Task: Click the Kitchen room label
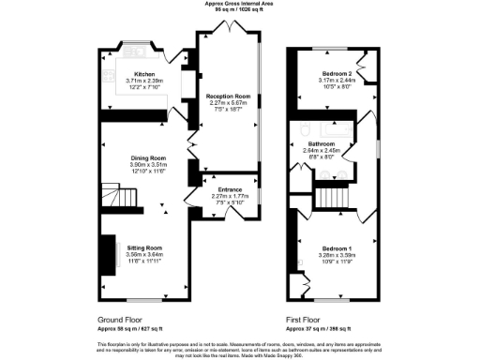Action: click(144, 74)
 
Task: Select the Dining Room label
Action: click(147, 157)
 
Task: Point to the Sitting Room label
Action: click(144, 247)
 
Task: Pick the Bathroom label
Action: click(335, 143)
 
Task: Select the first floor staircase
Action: click(329, 197)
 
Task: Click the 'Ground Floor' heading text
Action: click(121, 318)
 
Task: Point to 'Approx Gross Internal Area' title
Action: click(240, 4)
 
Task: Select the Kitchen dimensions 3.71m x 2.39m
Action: click(144, 81)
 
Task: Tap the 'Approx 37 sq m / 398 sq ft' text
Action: click(319, 329)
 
